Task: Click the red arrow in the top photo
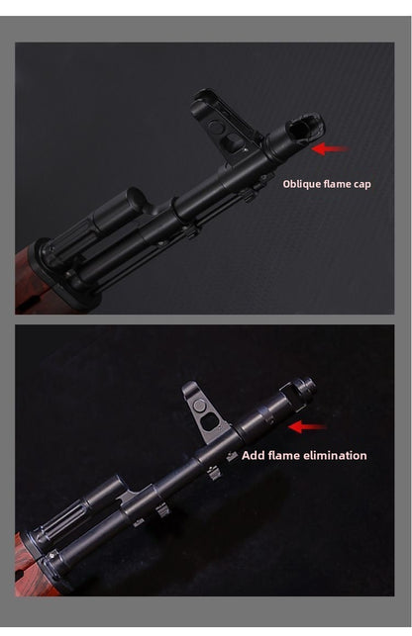pos(330,149)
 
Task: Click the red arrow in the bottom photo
pos(307,427)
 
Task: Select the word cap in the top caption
pos(361,184)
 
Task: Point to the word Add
pos(254,456)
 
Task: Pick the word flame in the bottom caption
pos(285,456)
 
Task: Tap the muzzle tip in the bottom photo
pos(304,387)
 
